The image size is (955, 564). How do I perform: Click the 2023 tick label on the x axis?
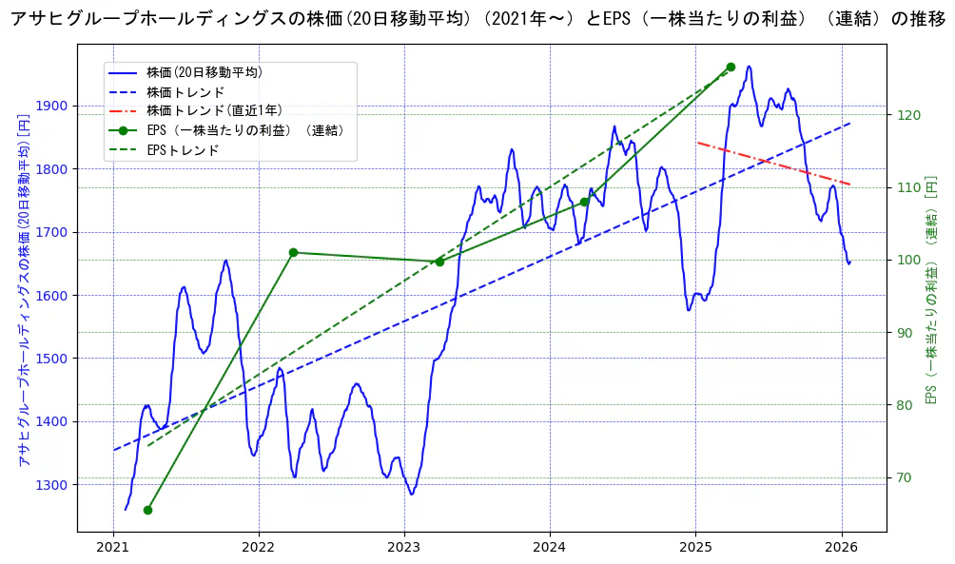(x=404, y=548)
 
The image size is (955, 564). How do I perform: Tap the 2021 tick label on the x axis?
(x=113, y=548)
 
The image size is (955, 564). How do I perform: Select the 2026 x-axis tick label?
(x=842, y=548)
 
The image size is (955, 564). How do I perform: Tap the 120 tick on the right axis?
(x=908, y=115)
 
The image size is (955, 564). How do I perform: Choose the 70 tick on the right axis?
(x=906, y=477)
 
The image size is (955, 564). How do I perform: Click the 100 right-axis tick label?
(x=908, y=260)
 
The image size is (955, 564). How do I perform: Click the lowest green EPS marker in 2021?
(x=147, y=510)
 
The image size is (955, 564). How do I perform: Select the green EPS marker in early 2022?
(x=293, y=252)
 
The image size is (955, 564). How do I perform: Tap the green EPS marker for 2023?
(x=439, y=262)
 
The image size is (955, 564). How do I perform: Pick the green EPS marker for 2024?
(x=584, y=202)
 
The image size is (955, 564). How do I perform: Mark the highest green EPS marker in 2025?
(x=731, y=67)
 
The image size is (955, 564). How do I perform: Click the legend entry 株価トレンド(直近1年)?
(x=214, y=111)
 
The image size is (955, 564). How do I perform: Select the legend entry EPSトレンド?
(x=183, y=150)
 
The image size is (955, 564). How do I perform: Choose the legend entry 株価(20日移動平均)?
(x=205, y=72)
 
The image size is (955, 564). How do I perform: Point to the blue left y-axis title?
(x=25, y=290)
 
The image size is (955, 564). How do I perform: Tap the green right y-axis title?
(x=932, y=290)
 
